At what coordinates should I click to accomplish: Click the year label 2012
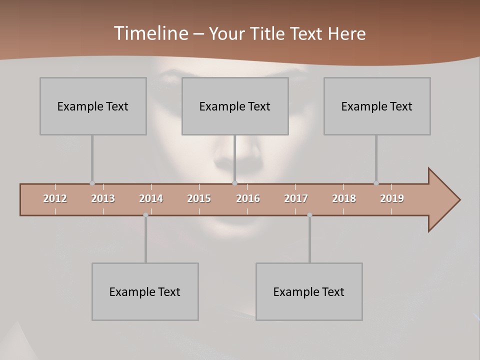click(x=55, y=198)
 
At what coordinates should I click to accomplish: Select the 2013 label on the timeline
click(x=103, y=198)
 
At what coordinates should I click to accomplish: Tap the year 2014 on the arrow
click(x=151, y=198)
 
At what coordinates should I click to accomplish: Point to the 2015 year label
click(x=199, y=198)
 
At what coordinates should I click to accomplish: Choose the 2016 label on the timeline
click(x=248, y=198)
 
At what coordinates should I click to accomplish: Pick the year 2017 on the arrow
click(x=296, y=198)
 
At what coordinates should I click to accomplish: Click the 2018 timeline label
click(x=344, y=198)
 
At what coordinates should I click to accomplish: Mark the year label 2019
click(x=392, y=198)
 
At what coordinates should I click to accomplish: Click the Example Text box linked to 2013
click(x=93, y=106)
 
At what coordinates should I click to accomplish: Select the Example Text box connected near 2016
click(x=235, y=106)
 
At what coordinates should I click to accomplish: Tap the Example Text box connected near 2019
click(x=377, y=106)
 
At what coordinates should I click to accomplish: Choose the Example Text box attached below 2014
click(x=145, y=291)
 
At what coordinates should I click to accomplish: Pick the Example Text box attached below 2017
click(x=309, y=291)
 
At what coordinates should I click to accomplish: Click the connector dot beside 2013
click(x=92, y=183)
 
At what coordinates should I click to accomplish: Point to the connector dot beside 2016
click(x=234, y=183)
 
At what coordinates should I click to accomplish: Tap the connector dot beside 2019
click(x=376, y=183)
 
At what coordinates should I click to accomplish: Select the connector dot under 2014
click(x=145, y=215)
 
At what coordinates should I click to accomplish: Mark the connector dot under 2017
click(x=309, y=215)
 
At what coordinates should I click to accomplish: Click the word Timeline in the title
click(x=150, y=33)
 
